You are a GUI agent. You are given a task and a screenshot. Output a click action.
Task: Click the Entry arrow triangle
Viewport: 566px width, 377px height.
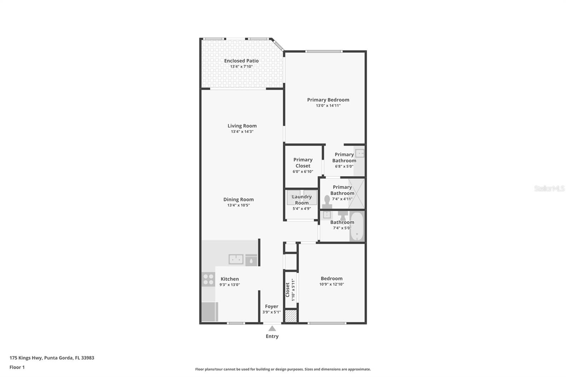point(272,328)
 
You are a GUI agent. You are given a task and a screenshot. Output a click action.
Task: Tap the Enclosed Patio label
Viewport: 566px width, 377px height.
point(241,60)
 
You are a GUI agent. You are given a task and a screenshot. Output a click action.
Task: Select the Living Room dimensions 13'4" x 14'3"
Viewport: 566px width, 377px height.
point(242,132)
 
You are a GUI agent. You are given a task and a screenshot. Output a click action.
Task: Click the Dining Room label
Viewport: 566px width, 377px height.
point(238,199)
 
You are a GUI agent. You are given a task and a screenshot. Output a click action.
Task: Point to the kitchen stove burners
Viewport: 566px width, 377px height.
point(208,279)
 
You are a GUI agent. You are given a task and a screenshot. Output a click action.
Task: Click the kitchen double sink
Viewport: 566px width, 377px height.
point(236,259)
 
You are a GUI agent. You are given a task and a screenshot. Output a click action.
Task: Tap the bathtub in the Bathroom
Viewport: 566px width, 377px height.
point(357,226)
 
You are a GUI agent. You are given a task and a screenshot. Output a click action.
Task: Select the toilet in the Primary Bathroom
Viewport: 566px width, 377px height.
point(327,202)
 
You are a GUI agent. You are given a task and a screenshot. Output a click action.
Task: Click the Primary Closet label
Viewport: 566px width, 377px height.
point(303,163)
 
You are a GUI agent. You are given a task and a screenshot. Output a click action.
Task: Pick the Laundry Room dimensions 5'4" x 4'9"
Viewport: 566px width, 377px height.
point(302,208)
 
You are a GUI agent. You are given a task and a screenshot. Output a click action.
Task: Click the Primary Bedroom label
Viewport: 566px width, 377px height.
point(328,100)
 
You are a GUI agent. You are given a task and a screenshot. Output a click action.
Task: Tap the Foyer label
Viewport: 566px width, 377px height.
point(271,306)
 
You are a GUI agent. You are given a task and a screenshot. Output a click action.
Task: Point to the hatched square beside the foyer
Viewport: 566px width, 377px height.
point(290,316)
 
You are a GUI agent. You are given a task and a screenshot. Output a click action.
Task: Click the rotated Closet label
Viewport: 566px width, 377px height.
point(287,290)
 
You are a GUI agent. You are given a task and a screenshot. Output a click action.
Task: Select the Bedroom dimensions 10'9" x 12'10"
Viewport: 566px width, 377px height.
point(331,284)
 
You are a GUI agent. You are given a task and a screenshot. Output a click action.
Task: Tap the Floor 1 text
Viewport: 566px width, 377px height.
point(17,367)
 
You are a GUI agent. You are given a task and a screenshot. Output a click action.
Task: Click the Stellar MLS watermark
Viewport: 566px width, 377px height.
point(549,188)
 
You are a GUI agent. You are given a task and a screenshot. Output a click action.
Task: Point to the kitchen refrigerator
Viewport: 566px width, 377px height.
point(209,312)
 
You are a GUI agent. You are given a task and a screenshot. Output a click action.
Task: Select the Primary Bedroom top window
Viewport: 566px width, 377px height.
point(324,52)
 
